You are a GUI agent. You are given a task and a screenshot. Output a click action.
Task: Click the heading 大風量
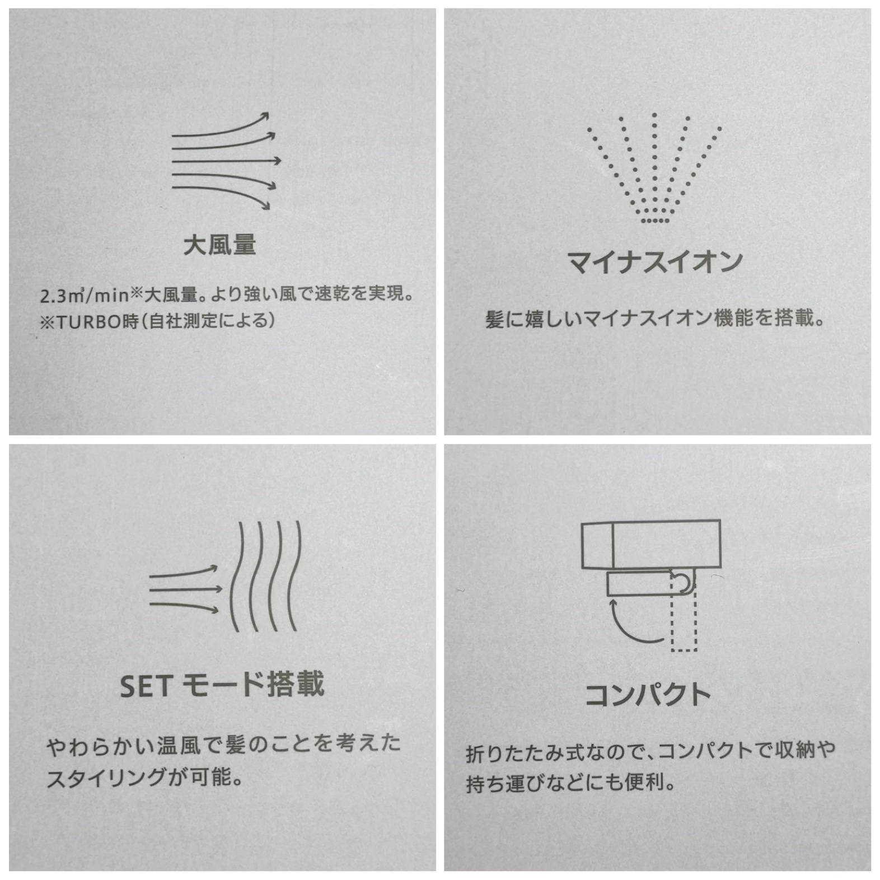(219, 245)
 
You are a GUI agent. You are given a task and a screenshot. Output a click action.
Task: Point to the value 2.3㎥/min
(85, 295)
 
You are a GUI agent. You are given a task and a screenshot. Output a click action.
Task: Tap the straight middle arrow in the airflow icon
(226, 161)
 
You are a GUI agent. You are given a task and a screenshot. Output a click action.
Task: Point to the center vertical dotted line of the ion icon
(654, 162)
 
